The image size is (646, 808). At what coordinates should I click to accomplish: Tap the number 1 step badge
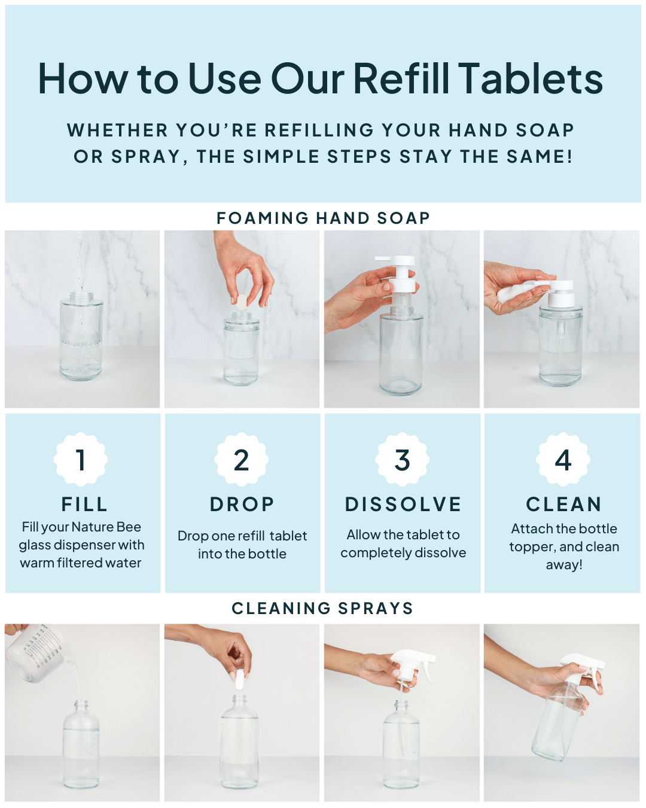81,459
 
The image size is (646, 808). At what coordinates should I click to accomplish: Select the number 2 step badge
242,459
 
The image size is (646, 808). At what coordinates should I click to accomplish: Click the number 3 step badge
402,459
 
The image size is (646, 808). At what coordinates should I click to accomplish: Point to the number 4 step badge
563,459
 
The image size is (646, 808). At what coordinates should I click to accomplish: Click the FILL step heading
84,504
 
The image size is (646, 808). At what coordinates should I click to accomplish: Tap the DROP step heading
242,504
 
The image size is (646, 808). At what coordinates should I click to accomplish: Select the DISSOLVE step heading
403,504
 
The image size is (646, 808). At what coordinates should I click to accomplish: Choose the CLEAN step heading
564,504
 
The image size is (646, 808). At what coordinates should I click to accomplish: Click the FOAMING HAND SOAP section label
323,218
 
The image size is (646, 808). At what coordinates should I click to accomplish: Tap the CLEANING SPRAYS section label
322,609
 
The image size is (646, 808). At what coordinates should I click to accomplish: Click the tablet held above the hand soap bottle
242,302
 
